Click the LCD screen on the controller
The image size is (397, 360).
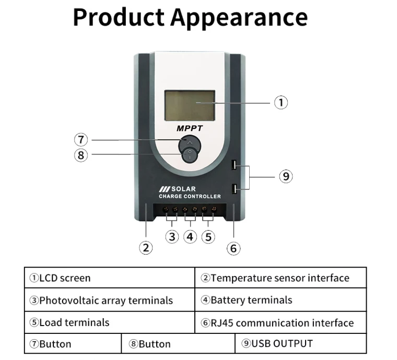(189, 105)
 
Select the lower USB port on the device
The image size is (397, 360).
(235, 188)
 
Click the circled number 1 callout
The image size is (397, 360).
(281, 103)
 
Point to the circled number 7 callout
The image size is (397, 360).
(81, 140)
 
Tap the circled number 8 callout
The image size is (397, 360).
(81, 155)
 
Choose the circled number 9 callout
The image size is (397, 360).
(285, 176)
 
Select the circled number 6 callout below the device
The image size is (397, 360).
(233, 248)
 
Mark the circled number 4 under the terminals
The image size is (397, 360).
(190, 237)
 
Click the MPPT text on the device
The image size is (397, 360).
(189, 127)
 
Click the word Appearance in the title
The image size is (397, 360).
(239, 17)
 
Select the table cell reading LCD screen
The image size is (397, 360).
(109, 278)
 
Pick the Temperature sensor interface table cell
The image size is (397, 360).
(281, 278)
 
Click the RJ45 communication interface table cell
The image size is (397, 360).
(281, 323)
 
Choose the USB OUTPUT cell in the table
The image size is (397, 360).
(300, 343)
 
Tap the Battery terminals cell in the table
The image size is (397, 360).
(281, 300)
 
